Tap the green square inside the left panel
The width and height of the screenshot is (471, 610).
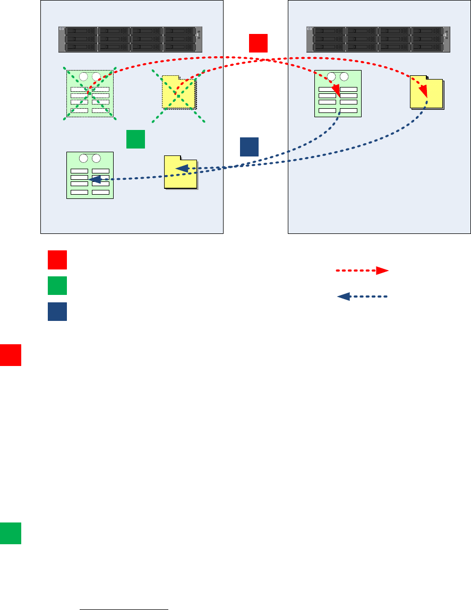pyautogui.click(x=135, y=138)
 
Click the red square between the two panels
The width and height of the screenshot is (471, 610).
pyautogui.click(x=258, y=43)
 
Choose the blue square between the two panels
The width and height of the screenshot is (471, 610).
pyautogui.click(x=249, y=147)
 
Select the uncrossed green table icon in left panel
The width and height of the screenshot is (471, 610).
pyautogui.click(x=90, y=175)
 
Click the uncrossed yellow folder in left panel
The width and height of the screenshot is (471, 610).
pyautogui.click(x=181, y=172)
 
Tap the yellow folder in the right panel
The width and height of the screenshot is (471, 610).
pyautogui.click(x=427, y=94)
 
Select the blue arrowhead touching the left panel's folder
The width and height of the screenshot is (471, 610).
pyautogui.click(x=182, y=169)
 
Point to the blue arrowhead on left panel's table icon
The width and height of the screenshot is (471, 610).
pyautogui.click(x=96, y=180)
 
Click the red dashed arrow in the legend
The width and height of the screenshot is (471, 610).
pyautogui.click(x=362, y=271)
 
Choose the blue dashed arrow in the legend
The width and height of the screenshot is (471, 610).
pyautogui.click(x=362, y=297)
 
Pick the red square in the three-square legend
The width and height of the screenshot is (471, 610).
pyautogui.click(x=57, y=260)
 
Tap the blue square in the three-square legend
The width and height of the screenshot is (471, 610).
pyautogui.click(x=57, y=311)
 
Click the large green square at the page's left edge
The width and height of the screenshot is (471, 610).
pyautogui.click(x=11, y=533)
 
